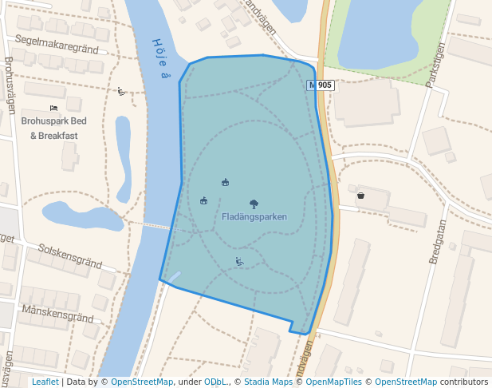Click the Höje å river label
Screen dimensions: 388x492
pyautogui.click(x=161, y=59)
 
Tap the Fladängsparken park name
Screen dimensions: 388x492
pyautogui.click(x=254, y=216)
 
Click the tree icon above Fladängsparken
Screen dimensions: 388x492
pyautogui.click(x=254, y=204)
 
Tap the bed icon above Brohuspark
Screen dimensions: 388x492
pyautogui.click(x=53, y=108)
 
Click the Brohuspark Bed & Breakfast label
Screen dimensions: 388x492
pyautogui.click(x=54, y=129)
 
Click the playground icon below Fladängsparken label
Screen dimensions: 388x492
pyautogui.click(x=238, y=261)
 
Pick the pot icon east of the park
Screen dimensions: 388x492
pyautogui.click(x=360, y=194)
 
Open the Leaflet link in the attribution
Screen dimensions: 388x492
pyautogui.click(x=45, y=382)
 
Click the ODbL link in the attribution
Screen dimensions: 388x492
pyautogui.click(x=215, y=382)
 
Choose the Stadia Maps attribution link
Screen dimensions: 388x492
pyautogui.click(x=269, y=382)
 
